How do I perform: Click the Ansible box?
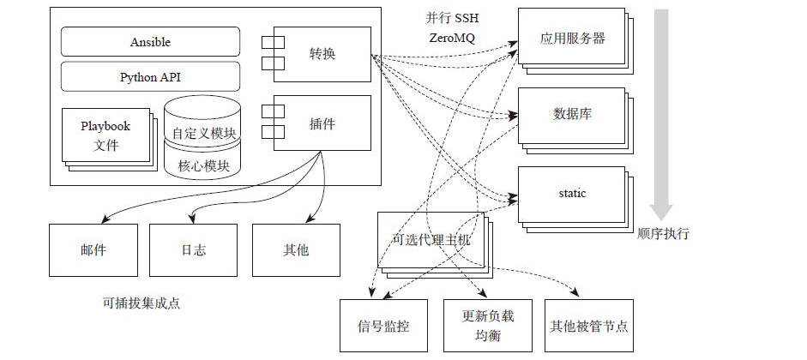[150, 42]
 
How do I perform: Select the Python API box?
[150, 76]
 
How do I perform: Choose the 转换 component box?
[322, 54]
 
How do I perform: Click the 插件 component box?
[322, 123]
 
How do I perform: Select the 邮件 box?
[93, 250]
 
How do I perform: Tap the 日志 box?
[194, 250]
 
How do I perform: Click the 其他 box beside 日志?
[296, 250]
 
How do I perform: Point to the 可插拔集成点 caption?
[142, 303]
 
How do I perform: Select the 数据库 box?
[571, 115]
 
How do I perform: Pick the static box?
[571, 195]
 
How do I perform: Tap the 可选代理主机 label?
[431, 239]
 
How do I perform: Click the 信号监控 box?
[383, 326]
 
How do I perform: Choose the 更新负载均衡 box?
[487, 326]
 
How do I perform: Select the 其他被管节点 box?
[589, 326]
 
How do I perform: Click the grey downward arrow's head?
[661, 212]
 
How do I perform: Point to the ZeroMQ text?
[452, 38]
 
